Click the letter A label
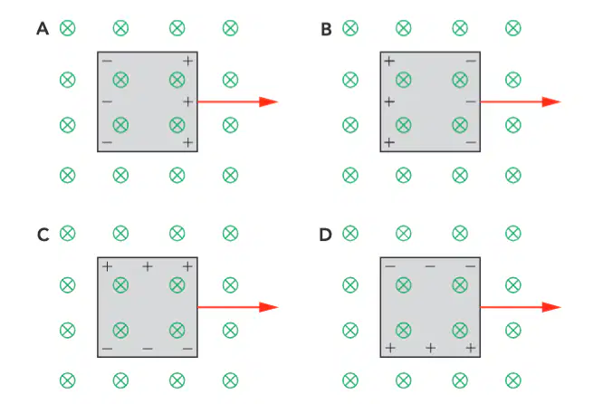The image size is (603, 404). pyautogui.click(x=43, y=28)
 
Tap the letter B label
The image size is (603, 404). pyautogui.click(x=326, y=29)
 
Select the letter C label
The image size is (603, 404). pyautogui.click(x=43, y=235)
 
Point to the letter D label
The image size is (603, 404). pyautogui.click(x=325, y=235)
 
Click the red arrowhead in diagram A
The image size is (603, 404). pyautogui.click(x=268, y=102)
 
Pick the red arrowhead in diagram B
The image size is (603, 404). pyautogui.click(x=551, y=102)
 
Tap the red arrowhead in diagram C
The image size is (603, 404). pyautogui.click(x=268, y=307)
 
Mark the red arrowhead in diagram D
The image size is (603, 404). pyautogui.click(x=551, y=307)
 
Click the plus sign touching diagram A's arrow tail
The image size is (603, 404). pyautogui.click(x=187, y=101)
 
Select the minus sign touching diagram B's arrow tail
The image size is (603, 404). pyautogui.click(x=471, y=101)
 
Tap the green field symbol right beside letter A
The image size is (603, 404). pyautogui.click(x=68, y=28)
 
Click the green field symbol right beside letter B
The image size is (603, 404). pyautogui.click(x=350, y=28)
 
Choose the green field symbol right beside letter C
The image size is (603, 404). pyautogui.click(x=68, y=234)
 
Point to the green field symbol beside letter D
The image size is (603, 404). pyautogui.click(x=350, y=234)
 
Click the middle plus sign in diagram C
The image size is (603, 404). pyautogui.click(x=148, y=266)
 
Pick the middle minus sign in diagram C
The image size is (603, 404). pyautogui.click(x=148, y=349)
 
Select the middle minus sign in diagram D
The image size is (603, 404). pyautogui.click(x=430, y=266)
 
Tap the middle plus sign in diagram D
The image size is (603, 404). pyautogui.click(x=431, y=348)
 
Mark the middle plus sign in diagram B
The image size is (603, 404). pyautogui.click(x=389, y=101)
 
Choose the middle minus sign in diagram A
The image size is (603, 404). pyautogui.click(x=108, y=101)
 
